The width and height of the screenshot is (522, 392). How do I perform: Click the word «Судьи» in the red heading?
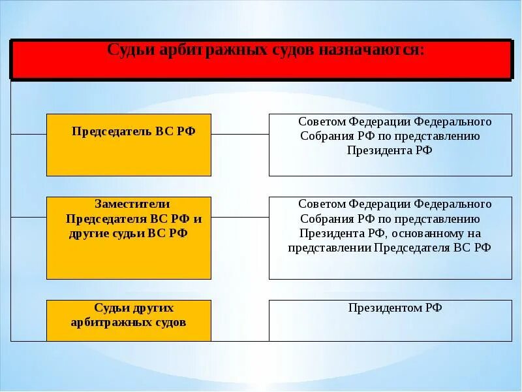pyautogui.click(x=129, y=51)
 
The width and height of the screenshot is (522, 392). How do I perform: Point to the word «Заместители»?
pyautogui.click(x=132, y=204)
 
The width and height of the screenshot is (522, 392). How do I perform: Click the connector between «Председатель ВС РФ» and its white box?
pyautogui.click(x=239, y=134)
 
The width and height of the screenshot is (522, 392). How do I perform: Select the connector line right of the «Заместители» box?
pyautogui.click(x=239, y=217)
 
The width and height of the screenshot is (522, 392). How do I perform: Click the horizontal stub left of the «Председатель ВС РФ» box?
pyautogui.click(x=28, y=134)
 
